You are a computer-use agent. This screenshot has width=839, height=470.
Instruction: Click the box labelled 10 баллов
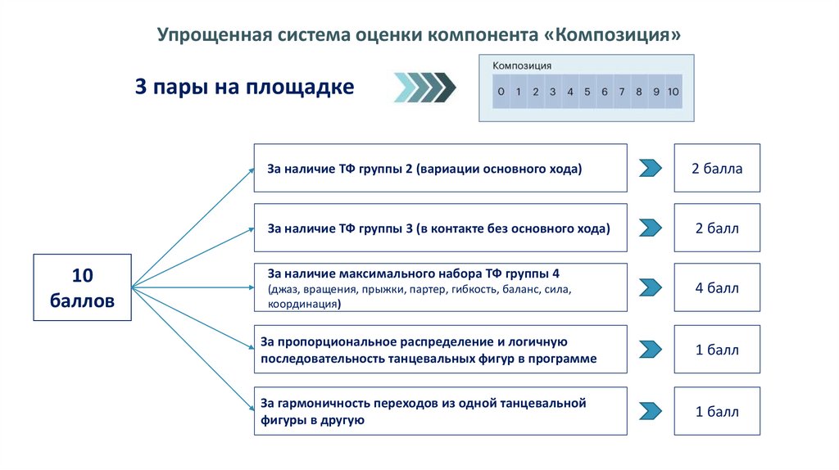(82, 287)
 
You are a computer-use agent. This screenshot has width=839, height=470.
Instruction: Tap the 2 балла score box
(717, 169)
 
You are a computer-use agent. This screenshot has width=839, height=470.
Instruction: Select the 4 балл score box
(717, 287)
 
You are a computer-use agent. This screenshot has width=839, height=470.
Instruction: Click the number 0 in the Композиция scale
(501, 92)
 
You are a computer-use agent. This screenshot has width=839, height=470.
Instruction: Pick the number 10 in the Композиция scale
(673, 92)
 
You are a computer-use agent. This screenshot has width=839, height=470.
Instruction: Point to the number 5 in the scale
(587, 92)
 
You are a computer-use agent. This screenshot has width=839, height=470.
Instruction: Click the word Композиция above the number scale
(522, 66)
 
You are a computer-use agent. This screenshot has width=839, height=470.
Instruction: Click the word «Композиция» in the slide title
(612, 35)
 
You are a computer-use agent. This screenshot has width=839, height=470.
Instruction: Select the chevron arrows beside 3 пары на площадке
(424, 88)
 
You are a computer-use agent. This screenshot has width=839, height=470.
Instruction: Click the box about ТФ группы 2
(441, 169)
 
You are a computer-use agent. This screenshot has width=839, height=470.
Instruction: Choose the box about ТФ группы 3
(441, 228)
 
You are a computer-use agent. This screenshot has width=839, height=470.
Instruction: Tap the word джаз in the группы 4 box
(283, 289)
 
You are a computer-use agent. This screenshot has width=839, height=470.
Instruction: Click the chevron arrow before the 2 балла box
(650, 169)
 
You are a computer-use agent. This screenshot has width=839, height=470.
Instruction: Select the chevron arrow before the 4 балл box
(650, 287)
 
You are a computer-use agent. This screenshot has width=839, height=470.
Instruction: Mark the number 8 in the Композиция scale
(638, 92)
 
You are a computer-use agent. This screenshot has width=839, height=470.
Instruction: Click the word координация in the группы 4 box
(303, 304)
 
